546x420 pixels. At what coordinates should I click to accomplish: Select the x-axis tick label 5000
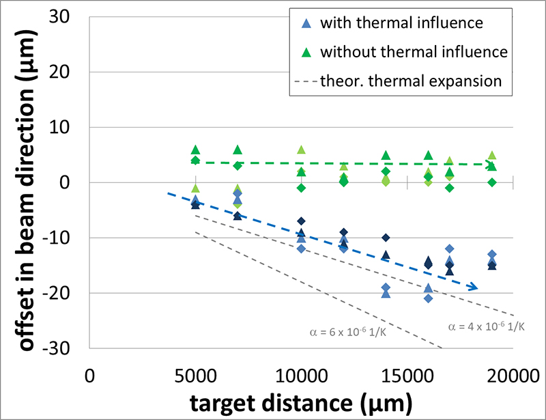pos(195,376)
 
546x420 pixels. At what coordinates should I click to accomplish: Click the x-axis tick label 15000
pos(407,376)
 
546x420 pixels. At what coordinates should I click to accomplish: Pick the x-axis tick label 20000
pos(513,376)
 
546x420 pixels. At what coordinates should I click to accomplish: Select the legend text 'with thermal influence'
pos(402,23)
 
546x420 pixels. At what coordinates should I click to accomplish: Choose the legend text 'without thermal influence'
pos(414,51)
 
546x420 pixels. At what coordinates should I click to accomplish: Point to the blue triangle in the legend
pos(307,23)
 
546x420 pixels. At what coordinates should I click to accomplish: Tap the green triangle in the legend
pos(307,52)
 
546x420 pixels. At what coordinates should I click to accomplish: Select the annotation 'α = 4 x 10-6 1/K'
pos(486,326)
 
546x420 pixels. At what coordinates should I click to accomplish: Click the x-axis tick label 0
pos(89,376)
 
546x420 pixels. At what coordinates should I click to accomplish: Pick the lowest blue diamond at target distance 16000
pos(428,298)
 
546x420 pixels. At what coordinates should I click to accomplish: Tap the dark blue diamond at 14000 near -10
pos(386,238)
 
